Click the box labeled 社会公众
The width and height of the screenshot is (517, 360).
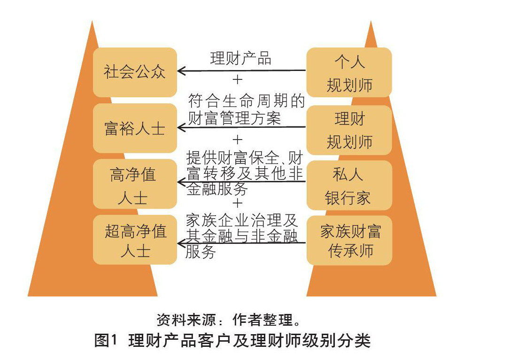tap(135, 72)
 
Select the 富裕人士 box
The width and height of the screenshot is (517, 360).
tap(135, 128)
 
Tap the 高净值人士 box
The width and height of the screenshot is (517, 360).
tap(135, 184)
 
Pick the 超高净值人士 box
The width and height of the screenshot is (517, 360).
tap(135, 240)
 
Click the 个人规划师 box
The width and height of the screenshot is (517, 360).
tap(349, 72)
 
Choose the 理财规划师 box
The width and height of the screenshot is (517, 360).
tap(349, 130)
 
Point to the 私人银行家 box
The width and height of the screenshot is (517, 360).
tap(349, 185)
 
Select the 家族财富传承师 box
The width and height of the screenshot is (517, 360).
tap(349, 240)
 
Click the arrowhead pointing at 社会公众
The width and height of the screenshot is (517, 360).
tap(181, 71)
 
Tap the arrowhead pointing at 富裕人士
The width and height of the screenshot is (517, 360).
tap(181, 127)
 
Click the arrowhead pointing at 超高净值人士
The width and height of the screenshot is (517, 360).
tap(181, 243)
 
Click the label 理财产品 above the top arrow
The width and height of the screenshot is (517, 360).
tap(240, 58)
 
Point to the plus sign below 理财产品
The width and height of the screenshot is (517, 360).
tap(238, 79)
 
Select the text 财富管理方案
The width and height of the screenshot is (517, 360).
tap(234, 117)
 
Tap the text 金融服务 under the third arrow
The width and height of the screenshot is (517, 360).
tap(217, 189)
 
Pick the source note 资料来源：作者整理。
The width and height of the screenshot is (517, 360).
tap(228, 320)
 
